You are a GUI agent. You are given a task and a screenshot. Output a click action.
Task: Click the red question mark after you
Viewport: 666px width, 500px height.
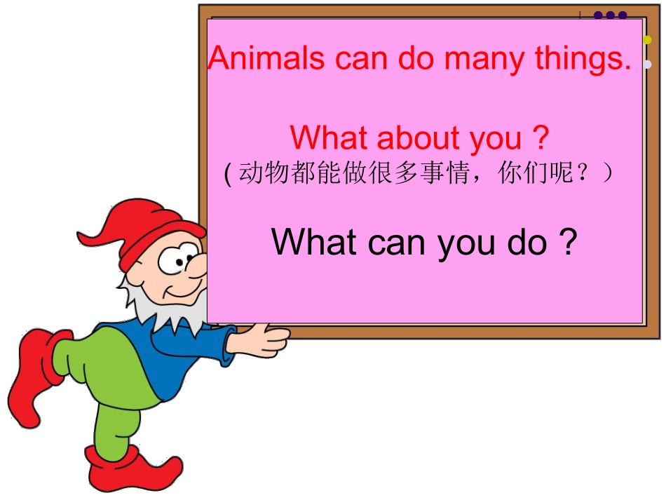[540, 138]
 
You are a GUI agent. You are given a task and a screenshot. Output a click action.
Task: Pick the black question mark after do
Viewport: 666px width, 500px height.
[569, 242]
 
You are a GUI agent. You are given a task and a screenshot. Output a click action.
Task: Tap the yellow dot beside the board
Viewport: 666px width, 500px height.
[647, 40]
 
